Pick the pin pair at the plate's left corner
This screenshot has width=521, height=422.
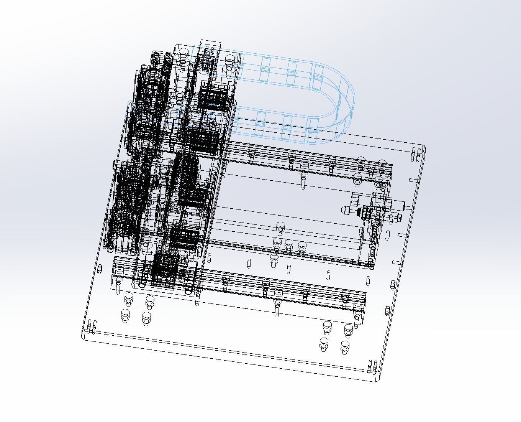92,326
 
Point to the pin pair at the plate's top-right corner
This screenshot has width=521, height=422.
415,154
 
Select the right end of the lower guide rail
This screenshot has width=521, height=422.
360,303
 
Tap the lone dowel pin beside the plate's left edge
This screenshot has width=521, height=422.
100,269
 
